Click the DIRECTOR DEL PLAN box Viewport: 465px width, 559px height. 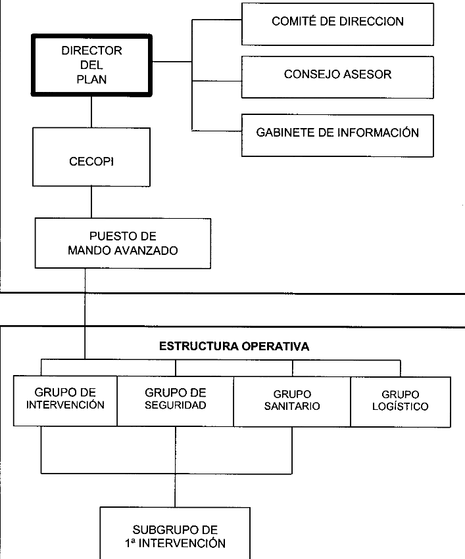pos(91,65)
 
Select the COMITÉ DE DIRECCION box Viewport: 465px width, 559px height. pos(337,24)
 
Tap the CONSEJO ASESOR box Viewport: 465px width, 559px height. pos(337,77)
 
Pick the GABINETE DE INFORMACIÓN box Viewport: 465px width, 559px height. pos(337,135)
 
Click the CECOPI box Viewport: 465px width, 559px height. pos(91,157)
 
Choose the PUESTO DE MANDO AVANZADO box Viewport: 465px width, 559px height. pos(123,243)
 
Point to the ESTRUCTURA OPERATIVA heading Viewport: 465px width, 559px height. pos(234,346)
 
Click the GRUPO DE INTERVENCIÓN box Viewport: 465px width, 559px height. pos(65,401)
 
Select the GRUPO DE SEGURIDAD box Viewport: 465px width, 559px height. pos(176,401)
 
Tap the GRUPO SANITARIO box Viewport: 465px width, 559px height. pos(292,401)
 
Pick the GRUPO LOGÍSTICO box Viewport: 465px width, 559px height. pos(401,402)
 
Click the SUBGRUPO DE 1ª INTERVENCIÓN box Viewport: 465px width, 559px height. pos(175,533)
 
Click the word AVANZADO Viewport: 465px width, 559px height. pos(145,251)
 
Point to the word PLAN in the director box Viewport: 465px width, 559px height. pos(91,79)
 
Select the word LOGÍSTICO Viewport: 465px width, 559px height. pos(401,407)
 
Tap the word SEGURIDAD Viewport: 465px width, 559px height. pos(176,405)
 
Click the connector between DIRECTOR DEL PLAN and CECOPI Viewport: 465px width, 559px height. pos(91,112)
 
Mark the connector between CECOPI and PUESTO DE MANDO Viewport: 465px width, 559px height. pos(91,202)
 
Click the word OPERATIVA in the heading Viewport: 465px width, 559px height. pos(275,346)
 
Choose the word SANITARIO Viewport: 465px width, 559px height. pos(292,406)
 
